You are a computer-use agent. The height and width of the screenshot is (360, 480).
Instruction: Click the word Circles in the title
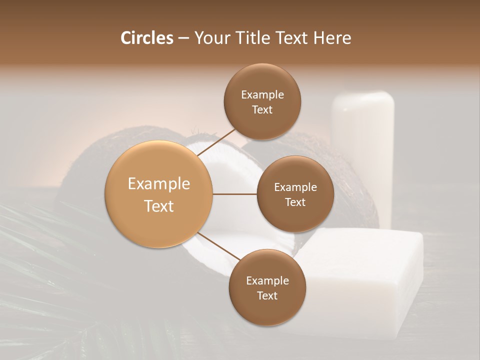[x=146, y=38]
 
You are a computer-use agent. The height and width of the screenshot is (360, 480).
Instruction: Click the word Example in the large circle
[x=159, y=184]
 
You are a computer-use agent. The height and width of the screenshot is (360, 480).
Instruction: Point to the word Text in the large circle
[x=159, y=206]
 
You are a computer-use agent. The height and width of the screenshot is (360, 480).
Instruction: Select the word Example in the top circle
[x=262, y=95]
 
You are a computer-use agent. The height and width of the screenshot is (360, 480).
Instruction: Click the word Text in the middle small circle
[x=295, y=202]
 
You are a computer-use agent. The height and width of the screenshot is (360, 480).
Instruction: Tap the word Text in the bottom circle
[x=267, y=295]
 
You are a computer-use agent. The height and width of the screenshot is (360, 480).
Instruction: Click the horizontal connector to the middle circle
[x=234, y=194]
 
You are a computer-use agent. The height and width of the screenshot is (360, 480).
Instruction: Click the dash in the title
[x=183, y=38]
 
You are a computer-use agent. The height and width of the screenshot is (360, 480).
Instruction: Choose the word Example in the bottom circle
[x=267, y=281]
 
